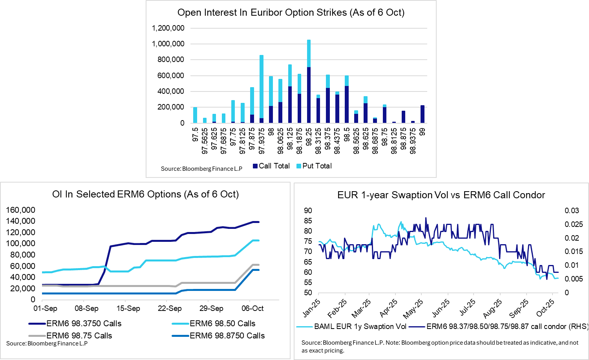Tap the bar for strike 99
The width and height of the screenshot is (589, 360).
coord(422,114)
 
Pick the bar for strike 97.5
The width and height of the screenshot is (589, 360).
coord(195,115)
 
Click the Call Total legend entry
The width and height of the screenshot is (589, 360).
coord(271,166)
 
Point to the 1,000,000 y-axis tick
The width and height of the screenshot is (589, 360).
coord(168,44)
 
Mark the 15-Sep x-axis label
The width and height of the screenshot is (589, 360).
coord(128,309)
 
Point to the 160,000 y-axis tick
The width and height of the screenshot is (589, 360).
coord(20,210)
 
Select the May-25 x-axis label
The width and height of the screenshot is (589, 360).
coord(413,309)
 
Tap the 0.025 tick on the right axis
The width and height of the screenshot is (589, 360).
coord(571,224)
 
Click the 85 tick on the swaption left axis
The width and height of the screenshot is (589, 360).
coord(308,221)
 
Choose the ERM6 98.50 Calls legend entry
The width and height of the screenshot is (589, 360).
coord(222,323)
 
